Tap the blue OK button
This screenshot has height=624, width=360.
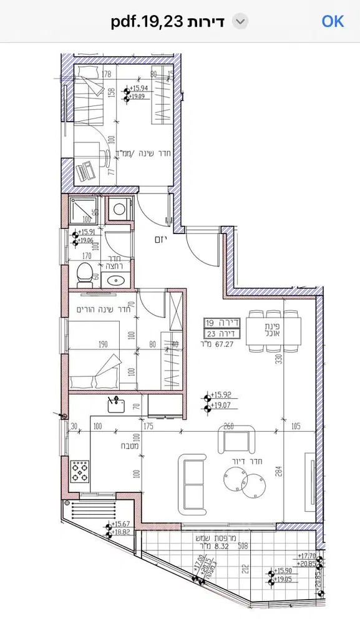click(333, 21)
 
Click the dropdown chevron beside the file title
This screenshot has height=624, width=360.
click(240, 22)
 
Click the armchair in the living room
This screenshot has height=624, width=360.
click(238, 440)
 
